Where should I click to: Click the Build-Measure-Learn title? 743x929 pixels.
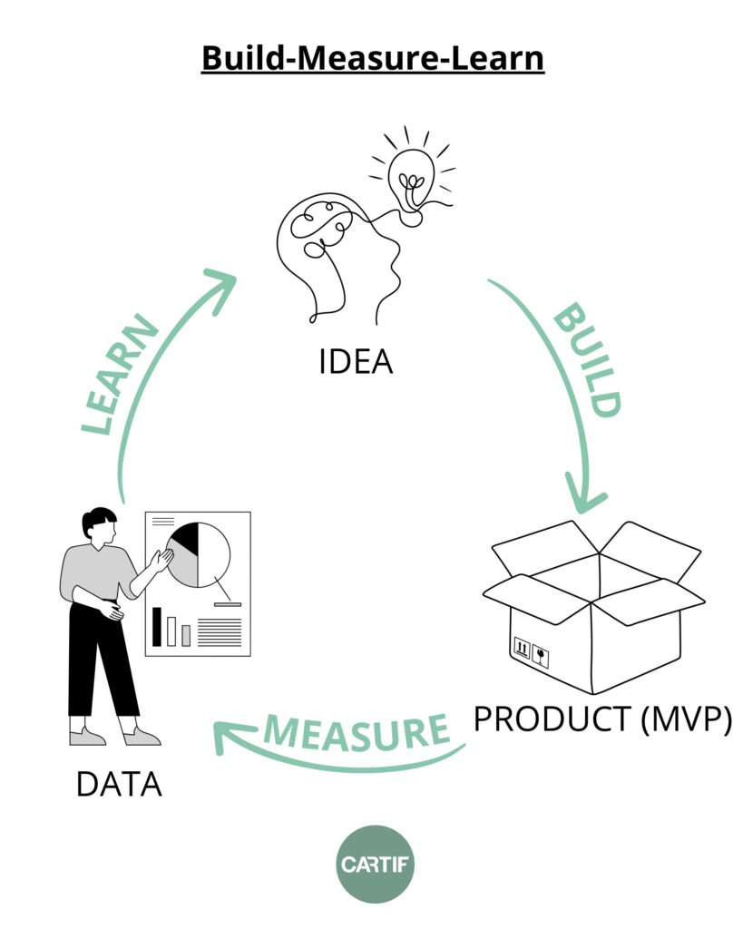tap(372, 58)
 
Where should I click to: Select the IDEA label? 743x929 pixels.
tap(356, 362)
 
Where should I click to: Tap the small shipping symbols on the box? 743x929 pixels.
tap(531, 650)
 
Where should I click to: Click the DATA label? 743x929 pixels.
tap(119, 784)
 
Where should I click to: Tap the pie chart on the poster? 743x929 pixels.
tap(198, 554)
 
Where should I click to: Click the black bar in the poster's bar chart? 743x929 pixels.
tap(157, 626)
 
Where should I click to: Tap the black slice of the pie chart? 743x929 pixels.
tap(186, 538)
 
